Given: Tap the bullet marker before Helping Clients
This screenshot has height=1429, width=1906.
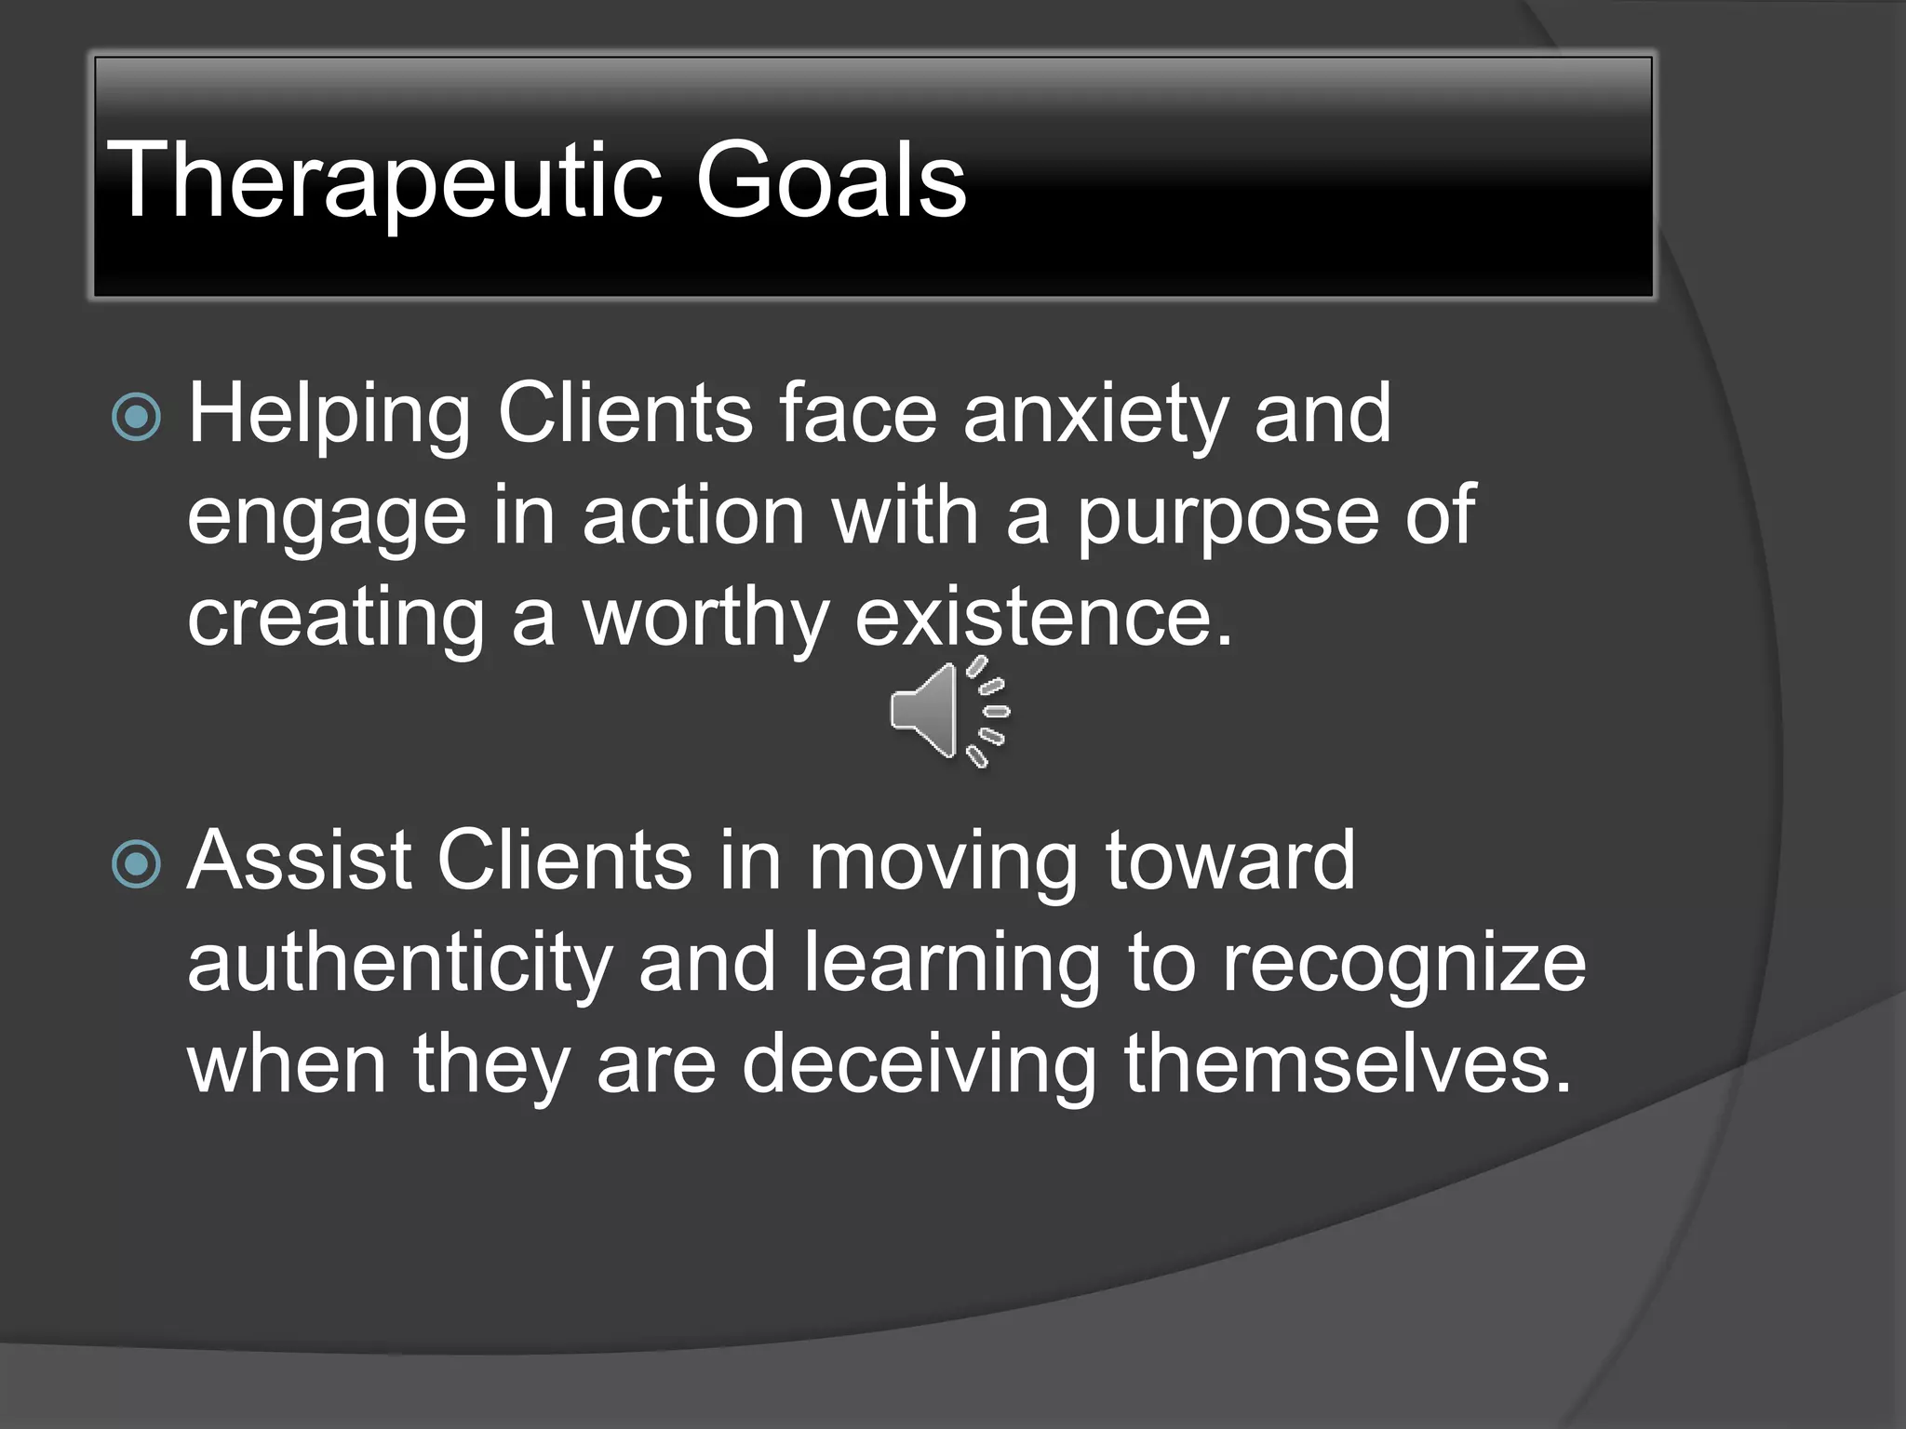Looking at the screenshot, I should (137, 416).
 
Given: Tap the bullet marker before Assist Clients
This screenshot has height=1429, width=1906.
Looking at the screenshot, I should (137, 864).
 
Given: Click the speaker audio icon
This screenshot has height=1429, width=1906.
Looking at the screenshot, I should (947, 712).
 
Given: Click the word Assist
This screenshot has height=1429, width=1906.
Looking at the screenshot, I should (298, 861).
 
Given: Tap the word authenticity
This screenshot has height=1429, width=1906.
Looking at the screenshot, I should (399, 965).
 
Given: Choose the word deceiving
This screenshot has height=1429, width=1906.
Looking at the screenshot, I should (919, 1066).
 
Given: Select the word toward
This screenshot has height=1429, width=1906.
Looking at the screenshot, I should (1230, 861).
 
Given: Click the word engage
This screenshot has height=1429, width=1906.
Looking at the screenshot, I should (327, 519).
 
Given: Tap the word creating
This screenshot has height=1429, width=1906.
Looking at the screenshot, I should (336, 621).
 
